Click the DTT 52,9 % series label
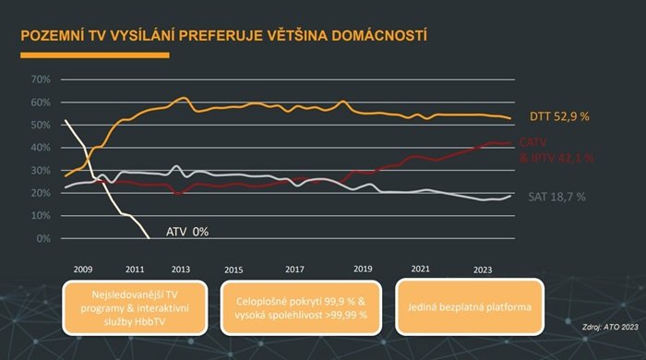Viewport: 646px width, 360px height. coord(559,117)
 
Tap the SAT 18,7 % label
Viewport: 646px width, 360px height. coord(556,197)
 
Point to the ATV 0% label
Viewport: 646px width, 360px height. coord(187,231)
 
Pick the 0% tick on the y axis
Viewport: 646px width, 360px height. coord(42,239)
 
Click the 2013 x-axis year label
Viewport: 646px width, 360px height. coord(181,269)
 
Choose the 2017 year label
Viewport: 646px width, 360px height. coord(294,269)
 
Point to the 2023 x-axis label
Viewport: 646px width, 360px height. coord(483,269)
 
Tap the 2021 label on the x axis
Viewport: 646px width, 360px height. coord(420,269)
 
